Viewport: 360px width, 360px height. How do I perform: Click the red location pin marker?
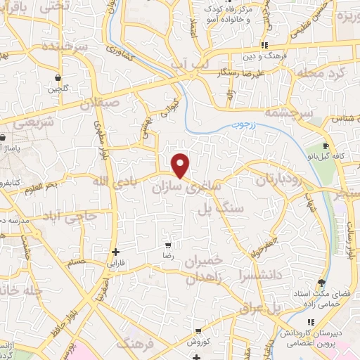click(x=181, y=165)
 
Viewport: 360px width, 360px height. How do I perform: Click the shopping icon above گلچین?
click(x=58, y=78)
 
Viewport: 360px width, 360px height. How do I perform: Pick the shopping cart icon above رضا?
click(x=168, y=246)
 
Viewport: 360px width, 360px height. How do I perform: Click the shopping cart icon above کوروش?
click(x=200, y=330)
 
